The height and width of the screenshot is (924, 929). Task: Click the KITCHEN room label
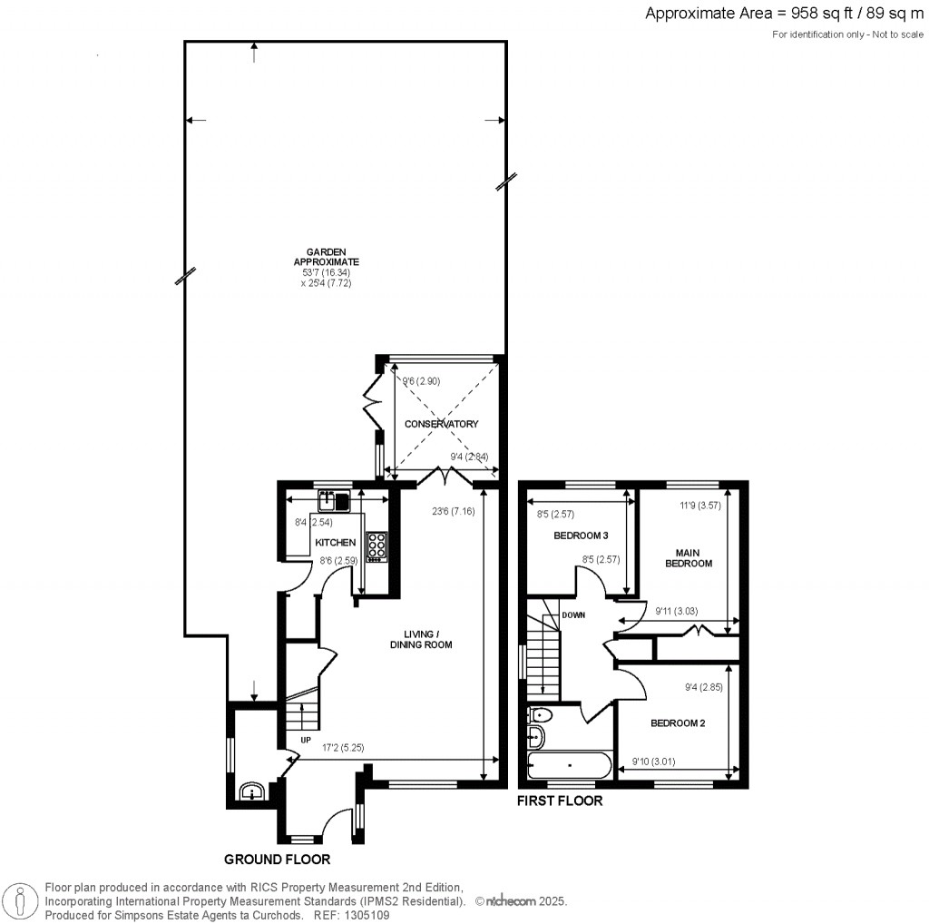click(335, 543)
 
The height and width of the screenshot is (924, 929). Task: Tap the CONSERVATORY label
click(441, 424)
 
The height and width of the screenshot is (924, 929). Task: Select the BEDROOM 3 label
click(581, 536)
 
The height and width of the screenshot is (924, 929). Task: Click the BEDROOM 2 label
click(678, 723)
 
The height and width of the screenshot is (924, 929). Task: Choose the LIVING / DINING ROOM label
click(420, 639)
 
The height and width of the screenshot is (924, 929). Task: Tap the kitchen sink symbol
click(334, 499)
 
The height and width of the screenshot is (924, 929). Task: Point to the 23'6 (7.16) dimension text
click(449, 511)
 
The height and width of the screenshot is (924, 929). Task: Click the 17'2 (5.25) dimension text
click(344, 749)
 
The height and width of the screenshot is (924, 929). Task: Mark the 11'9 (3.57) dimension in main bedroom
click(700, 506)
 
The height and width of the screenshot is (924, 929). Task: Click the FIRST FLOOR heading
click(559, 801)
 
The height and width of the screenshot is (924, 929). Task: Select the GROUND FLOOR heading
click(277, 859)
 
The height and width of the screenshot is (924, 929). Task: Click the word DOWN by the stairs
click(573, 614)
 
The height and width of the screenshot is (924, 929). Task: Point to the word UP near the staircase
click(305, 740)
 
